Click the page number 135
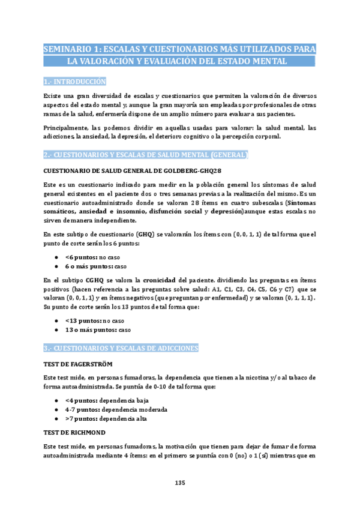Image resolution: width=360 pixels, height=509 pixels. (x=179, y=483)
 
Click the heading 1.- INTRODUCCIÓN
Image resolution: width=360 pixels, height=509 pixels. (x=75, y=81)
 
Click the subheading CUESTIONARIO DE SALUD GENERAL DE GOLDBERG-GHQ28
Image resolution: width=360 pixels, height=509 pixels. (x=125, y=170)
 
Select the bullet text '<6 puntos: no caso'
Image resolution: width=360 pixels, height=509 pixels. (x=92, y=257)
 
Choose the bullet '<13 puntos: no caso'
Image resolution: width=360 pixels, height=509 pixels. (x=95, y=321)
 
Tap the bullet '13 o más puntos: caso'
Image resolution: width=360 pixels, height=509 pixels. (x=98, y=330)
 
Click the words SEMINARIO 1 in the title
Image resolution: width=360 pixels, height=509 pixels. (x=71, y=49)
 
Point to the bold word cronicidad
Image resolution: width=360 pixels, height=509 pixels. (x=159, y=280)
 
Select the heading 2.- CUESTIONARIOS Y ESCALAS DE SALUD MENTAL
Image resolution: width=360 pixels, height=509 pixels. (x=145, y=155)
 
